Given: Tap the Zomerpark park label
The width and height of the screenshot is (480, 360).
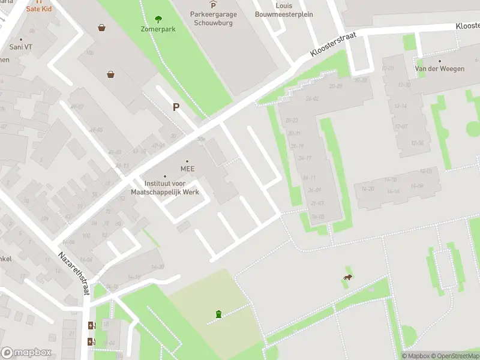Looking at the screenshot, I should [x=158, y=29].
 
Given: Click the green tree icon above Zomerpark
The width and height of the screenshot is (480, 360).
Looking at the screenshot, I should [x=158, y=19].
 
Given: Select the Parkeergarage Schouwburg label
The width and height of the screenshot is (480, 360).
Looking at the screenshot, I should [x=213, y=19].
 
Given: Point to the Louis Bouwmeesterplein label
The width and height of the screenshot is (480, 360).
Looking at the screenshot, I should [x=284, y=10].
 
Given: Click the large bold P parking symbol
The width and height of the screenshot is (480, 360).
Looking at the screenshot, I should [x=176, y=107].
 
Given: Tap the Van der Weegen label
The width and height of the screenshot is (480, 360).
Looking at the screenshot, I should [x=440, y=69].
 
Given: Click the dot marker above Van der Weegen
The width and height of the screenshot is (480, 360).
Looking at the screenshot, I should [x=440, y=61].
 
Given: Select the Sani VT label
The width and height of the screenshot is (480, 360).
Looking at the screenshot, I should [x=20, y=46].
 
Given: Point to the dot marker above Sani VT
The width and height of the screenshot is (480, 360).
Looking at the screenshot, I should [x=20, y=38].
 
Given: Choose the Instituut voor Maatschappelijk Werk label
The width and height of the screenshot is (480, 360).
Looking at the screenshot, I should [x=165, y=188].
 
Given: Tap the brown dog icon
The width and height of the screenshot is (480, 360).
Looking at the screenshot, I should [x=347, y=277].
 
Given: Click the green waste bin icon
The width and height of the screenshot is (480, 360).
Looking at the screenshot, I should [x=218, y=314].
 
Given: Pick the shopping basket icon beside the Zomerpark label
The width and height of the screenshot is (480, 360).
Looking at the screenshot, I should [x=103, y=27].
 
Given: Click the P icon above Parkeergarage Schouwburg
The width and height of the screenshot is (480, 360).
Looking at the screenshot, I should [x=212, y=5].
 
